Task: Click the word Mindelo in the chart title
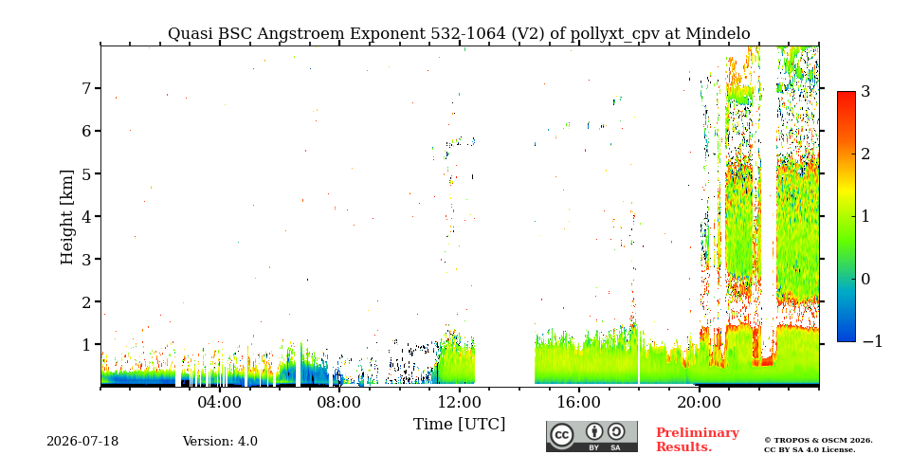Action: (x=718, y=34)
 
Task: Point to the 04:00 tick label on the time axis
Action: (x=220, y=402)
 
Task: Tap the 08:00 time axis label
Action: (x=339, y=402)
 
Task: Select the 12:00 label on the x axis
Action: (x=459, y=402)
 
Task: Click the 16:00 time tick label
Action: (x=578, y=402)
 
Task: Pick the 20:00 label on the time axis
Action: (x=699, y=402)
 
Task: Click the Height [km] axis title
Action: (x=67, y=217)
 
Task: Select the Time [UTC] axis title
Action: (x=459, y=425)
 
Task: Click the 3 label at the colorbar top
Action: (x=865, y=91)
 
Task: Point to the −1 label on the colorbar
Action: (x=872, y=341)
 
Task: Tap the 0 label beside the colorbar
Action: (x=865, y=279)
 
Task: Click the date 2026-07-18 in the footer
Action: (x=82, y=442)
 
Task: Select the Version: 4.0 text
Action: (x=220, y=442)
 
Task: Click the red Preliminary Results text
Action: (x=698, y=440)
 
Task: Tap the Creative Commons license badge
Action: (x=591, y=436)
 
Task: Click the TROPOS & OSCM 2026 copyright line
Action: (x=818, y=441)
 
